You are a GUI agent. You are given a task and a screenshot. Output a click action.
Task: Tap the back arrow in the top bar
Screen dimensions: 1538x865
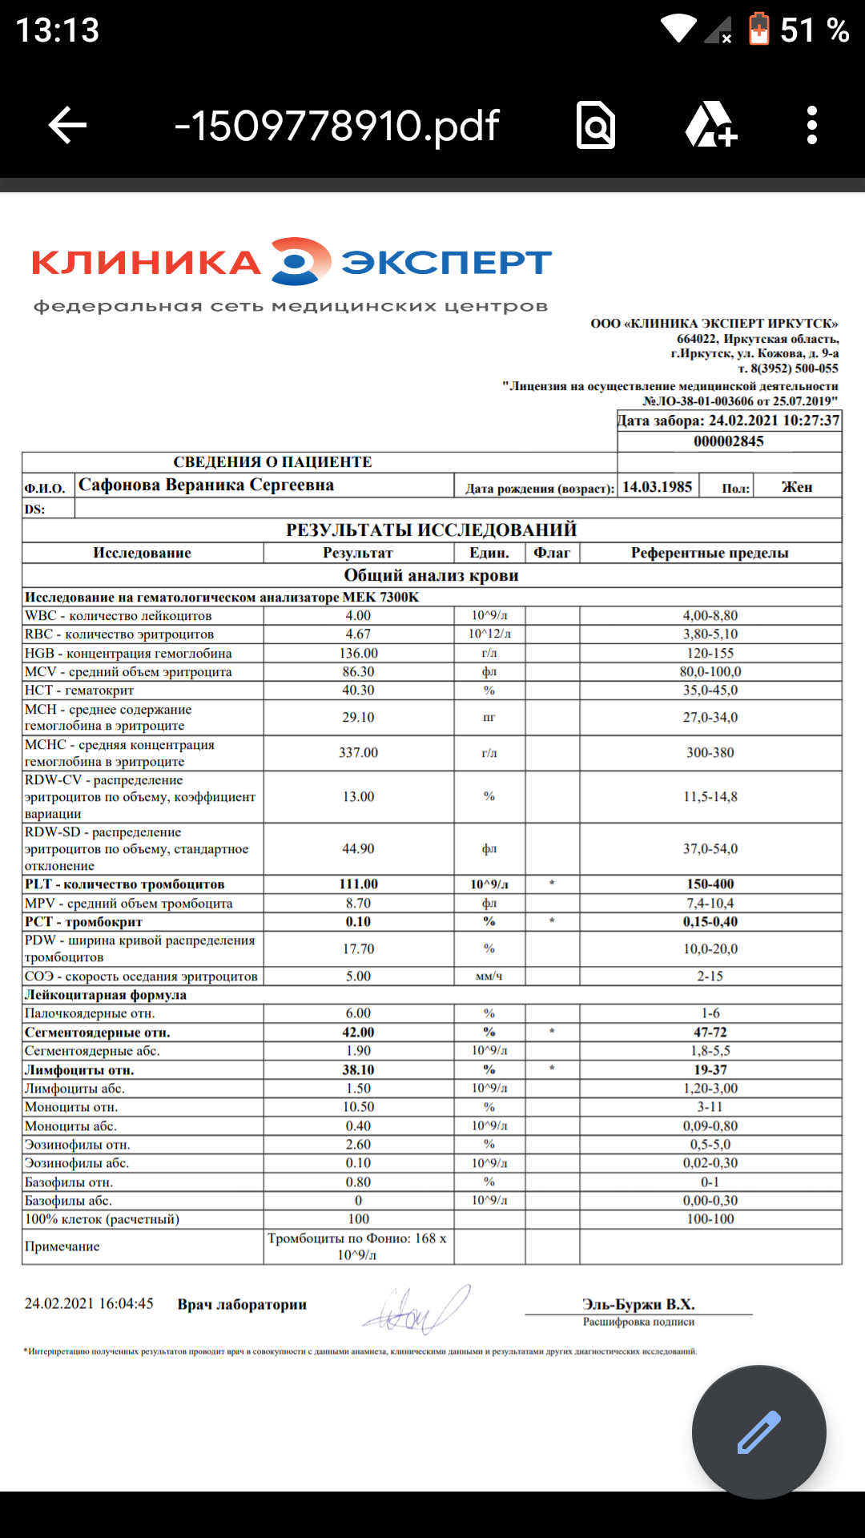[67, 126]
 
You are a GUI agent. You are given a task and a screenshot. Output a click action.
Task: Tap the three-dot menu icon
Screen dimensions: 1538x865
[811, 126]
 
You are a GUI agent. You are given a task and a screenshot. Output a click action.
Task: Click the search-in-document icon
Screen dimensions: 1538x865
[596, 126]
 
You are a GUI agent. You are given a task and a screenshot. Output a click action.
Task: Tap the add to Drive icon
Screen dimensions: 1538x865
[710, 125]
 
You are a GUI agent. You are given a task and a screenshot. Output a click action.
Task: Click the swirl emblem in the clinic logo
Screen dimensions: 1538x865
[300, 261]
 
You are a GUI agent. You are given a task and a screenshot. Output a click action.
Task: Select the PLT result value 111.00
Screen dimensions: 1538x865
[358, 884]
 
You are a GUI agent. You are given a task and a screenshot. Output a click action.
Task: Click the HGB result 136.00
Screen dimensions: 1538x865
[358, 654]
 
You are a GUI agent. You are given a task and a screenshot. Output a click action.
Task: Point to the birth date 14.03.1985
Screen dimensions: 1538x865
[657, 487]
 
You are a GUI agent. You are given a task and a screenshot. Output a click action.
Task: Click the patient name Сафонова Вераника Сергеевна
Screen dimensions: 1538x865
[206, 485]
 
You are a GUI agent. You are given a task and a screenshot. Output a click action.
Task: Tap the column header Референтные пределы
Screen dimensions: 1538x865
[710, 553]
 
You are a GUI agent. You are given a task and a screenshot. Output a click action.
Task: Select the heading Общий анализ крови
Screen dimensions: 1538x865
[431, 575]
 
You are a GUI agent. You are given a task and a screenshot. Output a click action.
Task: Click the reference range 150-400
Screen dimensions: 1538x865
[710, 884]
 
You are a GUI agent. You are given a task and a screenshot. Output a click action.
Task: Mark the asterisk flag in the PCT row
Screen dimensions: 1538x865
[552, 922]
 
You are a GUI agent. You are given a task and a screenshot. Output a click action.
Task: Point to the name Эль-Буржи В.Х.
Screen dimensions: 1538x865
[638, 1304]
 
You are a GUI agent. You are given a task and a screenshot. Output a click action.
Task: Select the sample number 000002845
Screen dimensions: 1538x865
[728, 441]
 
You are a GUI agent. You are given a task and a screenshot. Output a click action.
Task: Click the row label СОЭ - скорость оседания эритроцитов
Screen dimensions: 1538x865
[142, 976]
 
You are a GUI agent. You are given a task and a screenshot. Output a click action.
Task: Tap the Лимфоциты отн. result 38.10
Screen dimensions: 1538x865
[358, 1070]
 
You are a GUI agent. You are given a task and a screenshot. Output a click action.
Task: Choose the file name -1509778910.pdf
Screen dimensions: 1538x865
[336, 126]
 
